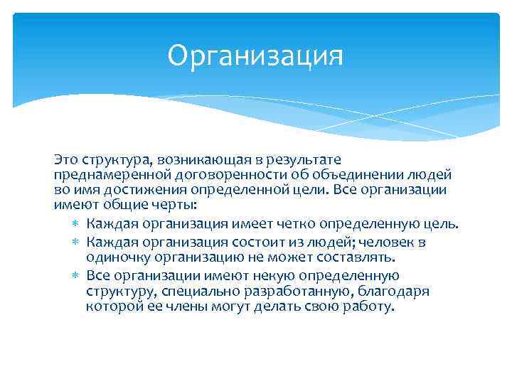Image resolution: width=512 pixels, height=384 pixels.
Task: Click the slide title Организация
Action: pyautogui.click(x=255, y=56)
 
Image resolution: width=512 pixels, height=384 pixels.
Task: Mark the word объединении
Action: pyautogui.click(x=341, y=175)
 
